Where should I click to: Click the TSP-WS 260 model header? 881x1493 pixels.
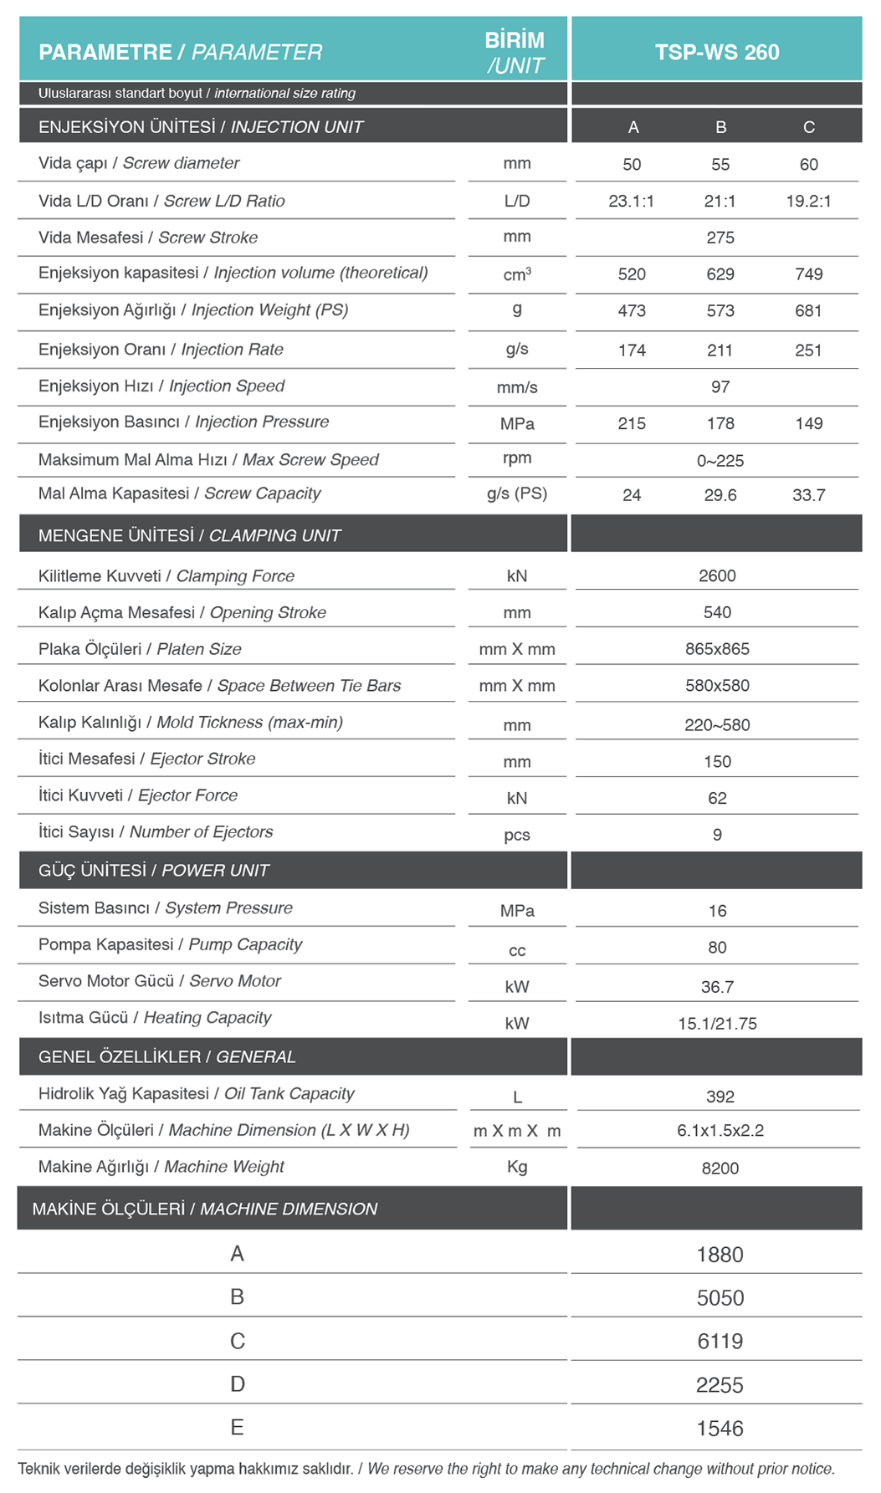[717, 52]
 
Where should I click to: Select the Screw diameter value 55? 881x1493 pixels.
[720, 165]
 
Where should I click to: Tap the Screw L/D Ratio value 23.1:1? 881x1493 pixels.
[632, 202]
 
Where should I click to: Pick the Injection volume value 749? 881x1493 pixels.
[809, 274]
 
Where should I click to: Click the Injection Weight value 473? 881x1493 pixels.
[632, 311]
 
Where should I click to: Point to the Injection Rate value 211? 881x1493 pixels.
[720, 350]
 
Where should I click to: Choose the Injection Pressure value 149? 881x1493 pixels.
[809, 424]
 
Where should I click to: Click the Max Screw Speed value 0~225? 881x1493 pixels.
[720, 461]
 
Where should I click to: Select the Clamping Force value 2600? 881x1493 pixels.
[717, 576]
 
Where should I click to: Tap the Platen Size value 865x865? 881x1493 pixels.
[717, 649]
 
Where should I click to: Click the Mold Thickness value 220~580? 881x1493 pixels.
[717, 725]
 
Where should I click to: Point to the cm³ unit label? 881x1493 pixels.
[517, 274]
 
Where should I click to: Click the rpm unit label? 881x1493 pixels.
[517, 458]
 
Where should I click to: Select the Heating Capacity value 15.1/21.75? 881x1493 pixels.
[717, 1024]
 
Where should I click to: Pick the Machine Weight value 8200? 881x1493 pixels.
[720, 1168]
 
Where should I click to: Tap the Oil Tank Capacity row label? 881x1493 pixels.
[197, 1094]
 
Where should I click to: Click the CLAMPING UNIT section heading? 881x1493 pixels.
[190, 535]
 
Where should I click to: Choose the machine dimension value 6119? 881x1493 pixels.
[720, 1342]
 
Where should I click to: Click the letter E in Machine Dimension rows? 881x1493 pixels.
[238, 1428]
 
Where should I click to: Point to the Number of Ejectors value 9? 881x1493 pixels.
[717, 835]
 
